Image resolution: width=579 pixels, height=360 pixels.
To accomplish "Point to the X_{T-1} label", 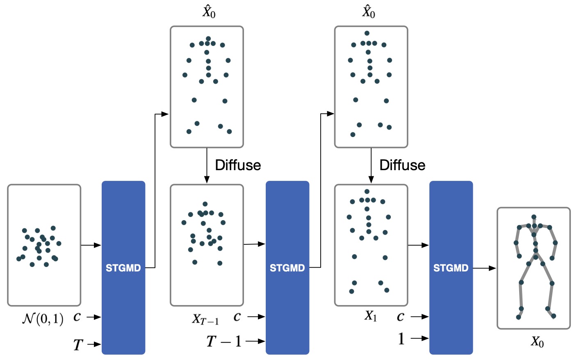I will [205, 319].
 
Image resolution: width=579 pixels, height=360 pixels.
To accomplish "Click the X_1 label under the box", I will [370, 316].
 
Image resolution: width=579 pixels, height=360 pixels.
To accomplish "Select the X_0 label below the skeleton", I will [537, 342].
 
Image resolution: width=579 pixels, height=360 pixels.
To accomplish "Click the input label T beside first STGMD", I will [78, 345].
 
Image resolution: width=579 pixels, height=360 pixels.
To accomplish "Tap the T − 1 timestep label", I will [224, 341].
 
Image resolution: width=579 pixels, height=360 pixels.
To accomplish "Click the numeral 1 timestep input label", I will [401, 339].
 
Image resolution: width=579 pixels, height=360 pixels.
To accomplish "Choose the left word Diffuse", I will [238, 165].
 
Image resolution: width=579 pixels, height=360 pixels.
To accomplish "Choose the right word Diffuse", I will [402, 165].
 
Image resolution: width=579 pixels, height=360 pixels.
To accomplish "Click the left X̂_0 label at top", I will [208, 12].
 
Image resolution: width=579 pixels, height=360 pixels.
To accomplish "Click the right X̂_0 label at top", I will [368, 12].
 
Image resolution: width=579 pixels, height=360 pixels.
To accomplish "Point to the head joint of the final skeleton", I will [533, 217].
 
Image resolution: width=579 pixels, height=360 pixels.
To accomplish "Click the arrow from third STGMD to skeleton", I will [484, 268].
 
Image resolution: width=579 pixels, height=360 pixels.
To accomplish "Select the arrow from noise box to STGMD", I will [91, 245].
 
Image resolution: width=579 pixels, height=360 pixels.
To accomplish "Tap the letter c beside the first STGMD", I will [77, 317].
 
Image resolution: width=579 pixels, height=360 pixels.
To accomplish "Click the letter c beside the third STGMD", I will [400, 317].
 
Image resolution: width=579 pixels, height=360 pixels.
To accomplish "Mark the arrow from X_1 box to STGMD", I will [418, 245].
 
